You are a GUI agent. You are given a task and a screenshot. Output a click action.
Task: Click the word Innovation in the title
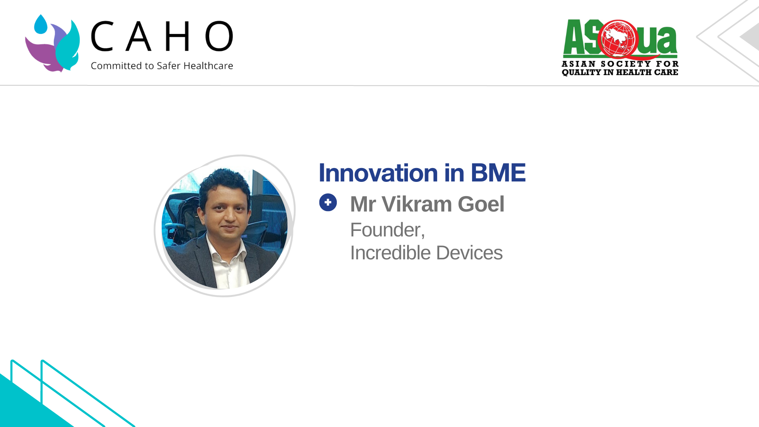pyautogui.click(x=378, y=173)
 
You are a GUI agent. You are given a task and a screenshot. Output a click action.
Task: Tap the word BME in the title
pyautogui.click(x=498, y=173)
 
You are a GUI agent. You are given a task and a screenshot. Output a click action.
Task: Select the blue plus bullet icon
pyautogui.click(x=328, y=202)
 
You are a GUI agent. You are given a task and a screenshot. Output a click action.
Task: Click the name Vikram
pyautogui.click(x=417, y=204)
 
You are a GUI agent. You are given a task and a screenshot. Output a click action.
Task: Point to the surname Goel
pyautogui.click(x=481, y=204)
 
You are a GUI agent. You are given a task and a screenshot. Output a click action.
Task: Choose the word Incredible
pyautogui.click(x=390, y=253)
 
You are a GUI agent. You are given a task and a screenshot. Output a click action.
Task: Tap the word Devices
pyautogui.click(x=469, y=253)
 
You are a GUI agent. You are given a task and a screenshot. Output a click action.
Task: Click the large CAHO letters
pyautogui.click(x=162, y=36)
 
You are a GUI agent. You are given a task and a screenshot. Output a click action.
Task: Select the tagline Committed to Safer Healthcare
pyautogui.click(x=162, y=66)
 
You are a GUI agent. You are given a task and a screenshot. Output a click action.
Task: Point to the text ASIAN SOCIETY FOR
pyautogui.click(x=620, y=64)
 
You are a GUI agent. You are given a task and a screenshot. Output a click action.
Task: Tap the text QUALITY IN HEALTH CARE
pyautogui.click(x=620, y=72)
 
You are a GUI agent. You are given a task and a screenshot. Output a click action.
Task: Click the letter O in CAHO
pyautogui.click(x=219, y=36)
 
